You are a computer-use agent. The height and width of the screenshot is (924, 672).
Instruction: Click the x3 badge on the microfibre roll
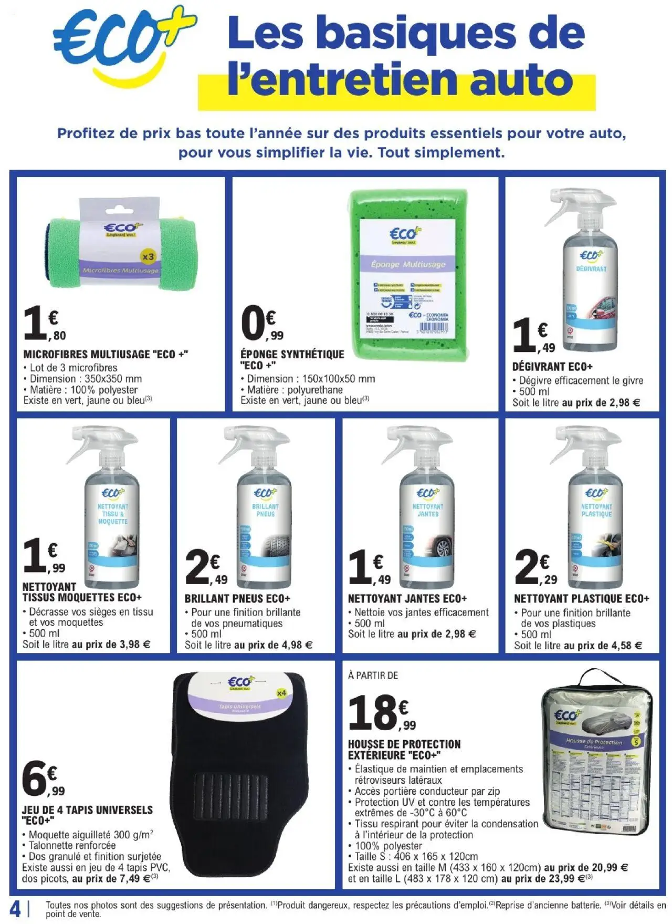click(x=149, y=257)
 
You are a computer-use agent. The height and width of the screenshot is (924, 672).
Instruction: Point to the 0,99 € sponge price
click(x=262, y=326)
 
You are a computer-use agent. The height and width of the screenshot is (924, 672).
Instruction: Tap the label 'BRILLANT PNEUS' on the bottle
click(x=265, y=510)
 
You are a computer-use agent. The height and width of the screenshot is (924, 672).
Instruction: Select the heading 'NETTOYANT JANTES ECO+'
click(x=407, y=598)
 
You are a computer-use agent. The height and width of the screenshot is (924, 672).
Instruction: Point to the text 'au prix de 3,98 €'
click(x=111, y=644)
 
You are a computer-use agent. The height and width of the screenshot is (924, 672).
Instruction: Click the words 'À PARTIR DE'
click(x=373, y=676)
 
